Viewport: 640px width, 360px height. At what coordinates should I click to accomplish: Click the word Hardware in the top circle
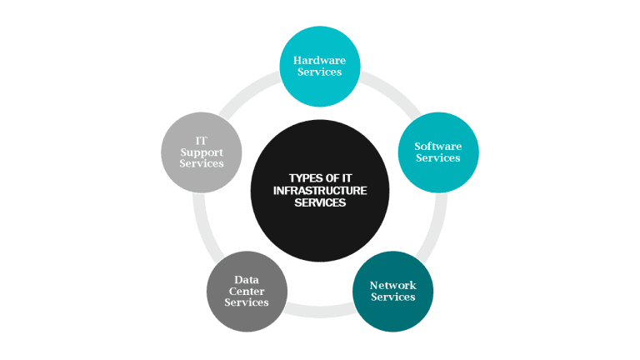point(319,60)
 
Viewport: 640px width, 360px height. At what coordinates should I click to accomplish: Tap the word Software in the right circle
point(437,147)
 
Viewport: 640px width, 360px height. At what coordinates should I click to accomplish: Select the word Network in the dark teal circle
point(392,286)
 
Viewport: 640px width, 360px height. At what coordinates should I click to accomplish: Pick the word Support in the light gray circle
point(201,152)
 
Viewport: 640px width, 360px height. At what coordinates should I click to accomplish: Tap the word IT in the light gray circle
point(201,141)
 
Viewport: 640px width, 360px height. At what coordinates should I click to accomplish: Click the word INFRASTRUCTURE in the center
point(319,190)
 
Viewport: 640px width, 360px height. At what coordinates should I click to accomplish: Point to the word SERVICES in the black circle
point(319,202)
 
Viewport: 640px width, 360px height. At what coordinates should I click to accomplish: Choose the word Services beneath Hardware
point(319,72)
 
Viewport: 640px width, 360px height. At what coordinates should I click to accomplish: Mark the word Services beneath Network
point(392,297)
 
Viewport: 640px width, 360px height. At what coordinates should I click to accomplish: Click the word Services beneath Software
point(437,158)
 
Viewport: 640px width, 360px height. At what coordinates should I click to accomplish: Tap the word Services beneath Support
point(201,164)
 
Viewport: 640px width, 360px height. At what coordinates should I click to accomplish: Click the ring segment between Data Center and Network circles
point(319,314)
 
